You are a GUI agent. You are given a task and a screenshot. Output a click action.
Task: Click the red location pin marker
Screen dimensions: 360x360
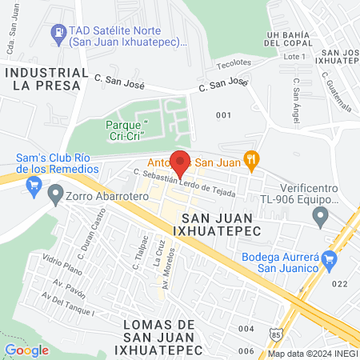pos(181,164)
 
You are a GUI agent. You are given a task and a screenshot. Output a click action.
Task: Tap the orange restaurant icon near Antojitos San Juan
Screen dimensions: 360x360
pos(253,158)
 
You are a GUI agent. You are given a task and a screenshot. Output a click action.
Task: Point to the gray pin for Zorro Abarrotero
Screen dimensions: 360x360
pos(55,193)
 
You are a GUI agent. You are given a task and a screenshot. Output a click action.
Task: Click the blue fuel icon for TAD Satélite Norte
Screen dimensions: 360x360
pos(58,32)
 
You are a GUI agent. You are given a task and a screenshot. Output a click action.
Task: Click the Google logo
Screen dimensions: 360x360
pos(26,350)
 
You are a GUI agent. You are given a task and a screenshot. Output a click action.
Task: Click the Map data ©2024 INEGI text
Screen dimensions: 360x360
pos(312,354)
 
